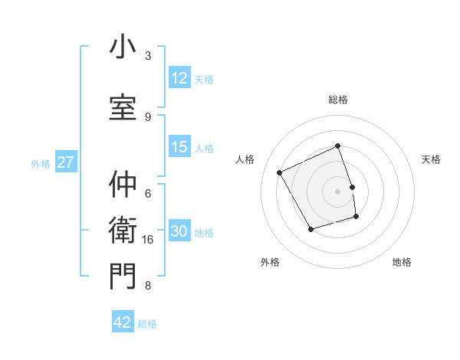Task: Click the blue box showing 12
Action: [x=179, y=78]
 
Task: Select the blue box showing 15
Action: [x=179, y=147]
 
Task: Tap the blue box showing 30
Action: [x=179, y=232]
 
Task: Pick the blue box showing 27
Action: [x=66, y=162]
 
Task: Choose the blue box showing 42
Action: [x=123, y=322]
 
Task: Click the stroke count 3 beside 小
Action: [x=148, y=56]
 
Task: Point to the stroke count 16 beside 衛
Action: [x=148, y=240]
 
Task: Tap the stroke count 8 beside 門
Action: [x=148, y=286]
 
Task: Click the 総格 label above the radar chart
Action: [x=338, y=100]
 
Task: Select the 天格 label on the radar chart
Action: [x=431, y=159]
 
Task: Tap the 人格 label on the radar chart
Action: [x=245, y=159]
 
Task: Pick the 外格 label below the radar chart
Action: [x=270, y=262]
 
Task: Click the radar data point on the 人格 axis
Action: [x=280, y=173]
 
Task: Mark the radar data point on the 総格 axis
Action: [x=338, y=146]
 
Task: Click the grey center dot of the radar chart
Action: [x=338, y=191]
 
